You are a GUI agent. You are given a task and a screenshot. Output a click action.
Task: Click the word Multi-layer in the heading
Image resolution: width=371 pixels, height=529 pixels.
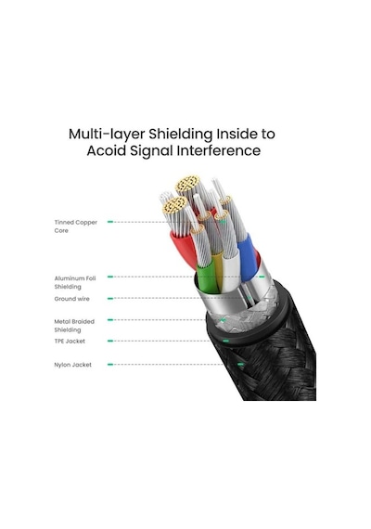pyautogui.click(x=107, y=135)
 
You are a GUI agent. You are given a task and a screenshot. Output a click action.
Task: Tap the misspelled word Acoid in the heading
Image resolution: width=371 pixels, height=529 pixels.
pyautogui.click(x=107, y=150)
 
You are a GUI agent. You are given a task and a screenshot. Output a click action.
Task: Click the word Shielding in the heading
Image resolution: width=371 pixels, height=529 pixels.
pyautogui.click(x=181, y=135)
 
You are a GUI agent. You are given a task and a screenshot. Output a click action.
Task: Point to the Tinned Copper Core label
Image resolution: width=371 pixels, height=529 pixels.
pyautogui.click(x=75, y=226)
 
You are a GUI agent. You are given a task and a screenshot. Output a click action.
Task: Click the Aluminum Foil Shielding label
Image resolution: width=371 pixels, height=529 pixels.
pyautogui.click(x=75, y=283)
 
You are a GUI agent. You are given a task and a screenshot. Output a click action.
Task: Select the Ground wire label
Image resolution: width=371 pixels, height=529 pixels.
pyautogui.click(x=71, y=299)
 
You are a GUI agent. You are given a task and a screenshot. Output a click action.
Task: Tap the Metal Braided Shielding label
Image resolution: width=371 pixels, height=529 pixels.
pyautogui.click(x=74, y=326)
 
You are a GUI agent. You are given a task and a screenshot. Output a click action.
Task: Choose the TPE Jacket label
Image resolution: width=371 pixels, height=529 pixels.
pyautogui.click(x=70, y=342)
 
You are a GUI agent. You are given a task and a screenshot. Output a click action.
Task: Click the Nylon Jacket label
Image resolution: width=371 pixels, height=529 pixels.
pyautogui.click(x=72, y=365)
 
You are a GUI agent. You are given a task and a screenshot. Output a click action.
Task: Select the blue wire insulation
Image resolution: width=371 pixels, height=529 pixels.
pyautogui.click(x=248, y=257)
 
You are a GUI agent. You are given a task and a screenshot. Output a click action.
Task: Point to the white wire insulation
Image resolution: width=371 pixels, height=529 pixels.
pyautogui.click(x=231, y=272)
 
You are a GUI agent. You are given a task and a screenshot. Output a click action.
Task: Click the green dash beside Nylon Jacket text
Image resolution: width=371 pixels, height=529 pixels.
pyautogui.click(x=110, y=365)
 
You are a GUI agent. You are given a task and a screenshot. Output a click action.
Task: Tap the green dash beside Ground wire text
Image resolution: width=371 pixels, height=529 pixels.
pyautogui.click(x=110, y=299)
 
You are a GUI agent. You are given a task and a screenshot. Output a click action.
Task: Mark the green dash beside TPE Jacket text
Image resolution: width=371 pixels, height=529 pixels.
pyautogui.click(x=110, y=341)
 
